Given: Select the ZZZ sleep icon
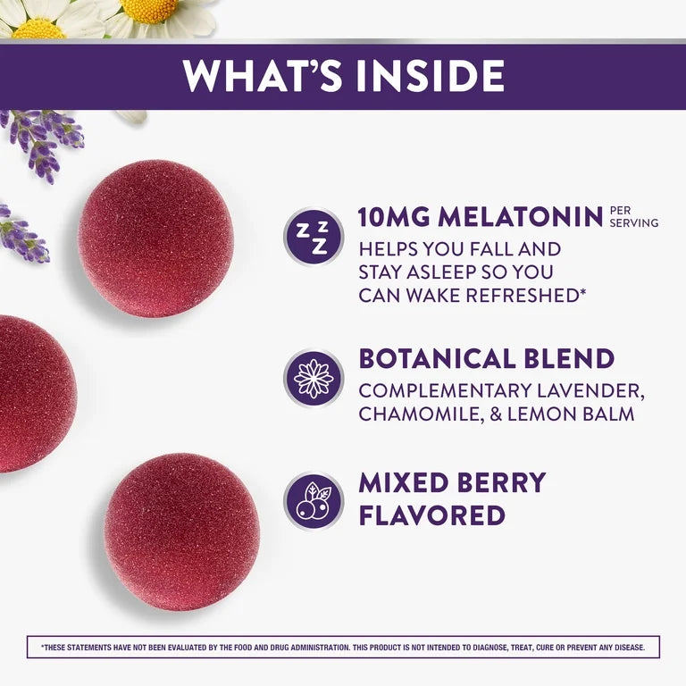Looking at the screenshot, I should tap(313, 236).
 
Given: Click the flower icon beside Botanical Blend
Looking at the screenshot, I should tap(313, 378).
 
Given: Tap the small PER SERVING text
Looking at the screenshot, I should tap(633, 217).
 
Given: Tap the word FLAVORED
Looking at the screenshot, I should tap(431, 515).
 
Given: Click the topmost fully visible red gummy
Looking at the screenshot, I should tap(155, 238).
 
